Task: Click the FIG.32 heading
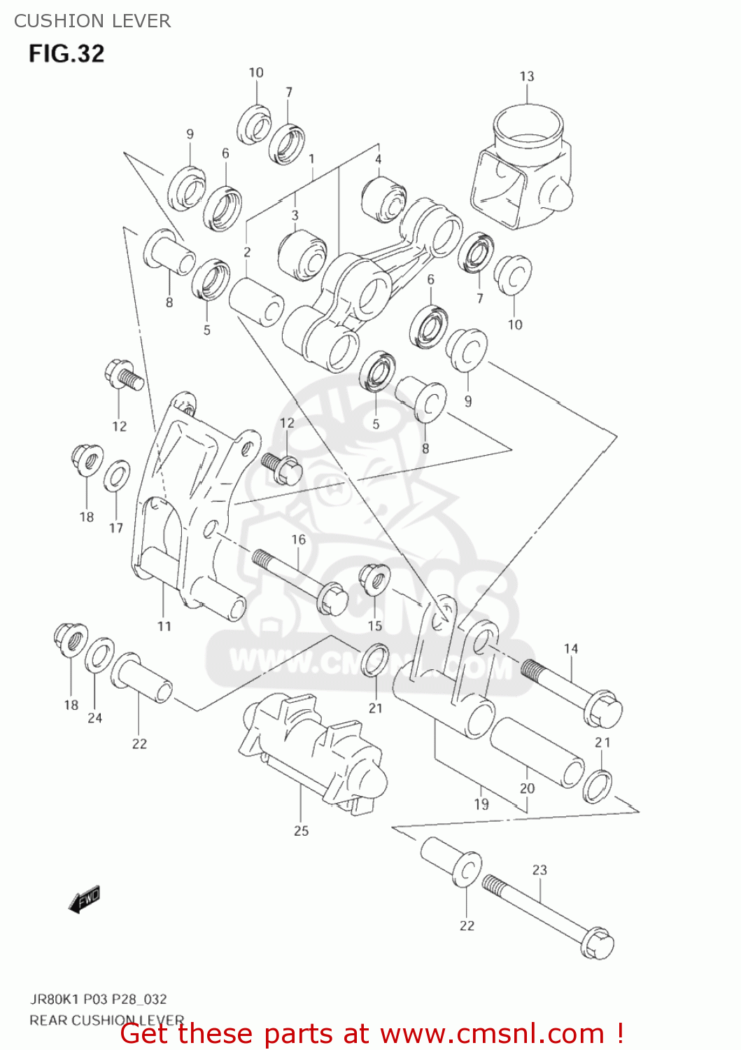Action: [66, 54]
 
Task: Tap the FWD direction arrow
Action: [85, 899]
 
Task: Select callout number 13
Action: [526, 76]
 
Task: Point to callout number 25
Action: [301, 831]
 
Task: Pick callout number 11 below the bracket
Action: [164, 626]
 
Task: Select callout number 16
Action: [298, 540]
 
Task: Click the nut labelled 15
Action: [374, 578]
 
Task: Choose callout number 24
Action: [94, 718]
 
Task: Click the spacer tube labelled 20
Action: [537, 752]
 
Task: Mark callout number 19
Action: [481, 804]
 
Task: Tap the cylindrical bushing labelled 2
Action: [256, 302]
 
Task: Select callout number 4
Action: [378, 160]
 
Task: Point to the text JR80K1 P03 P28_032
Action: [98, 999]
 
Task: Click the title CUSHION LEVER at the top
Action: [92, 21]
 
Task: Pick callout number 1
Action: [311, 159]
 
